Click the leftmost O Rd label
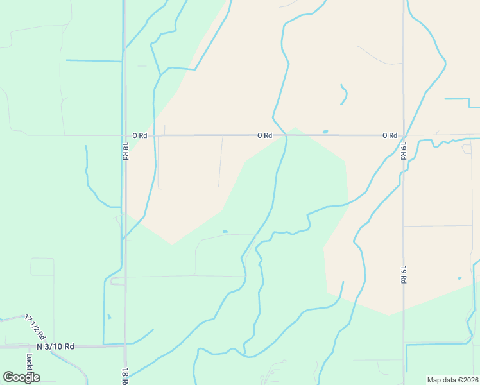pos(140,135)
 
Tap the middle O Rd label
pos(265,135)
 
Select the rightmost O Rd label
pos(390,135)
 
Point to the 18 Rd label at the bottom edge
pos(126,376)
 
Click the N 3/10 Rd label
pos(55,346)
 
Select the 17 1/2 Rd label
pos(36,327)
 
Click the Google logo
pos(21,377)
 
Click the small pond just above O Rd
pos(325,132)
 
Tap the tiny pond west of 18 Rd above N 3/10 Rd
pos(109,316)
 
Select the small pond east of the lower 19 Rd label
pos(459,278)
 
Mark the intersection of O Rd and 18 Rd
pos(125,135)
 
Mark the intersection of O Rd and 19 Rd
pos(404,136)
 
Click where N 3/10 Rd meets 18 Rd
pos(125,345)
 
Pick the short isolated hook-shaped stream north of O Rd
pos(345,95)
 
